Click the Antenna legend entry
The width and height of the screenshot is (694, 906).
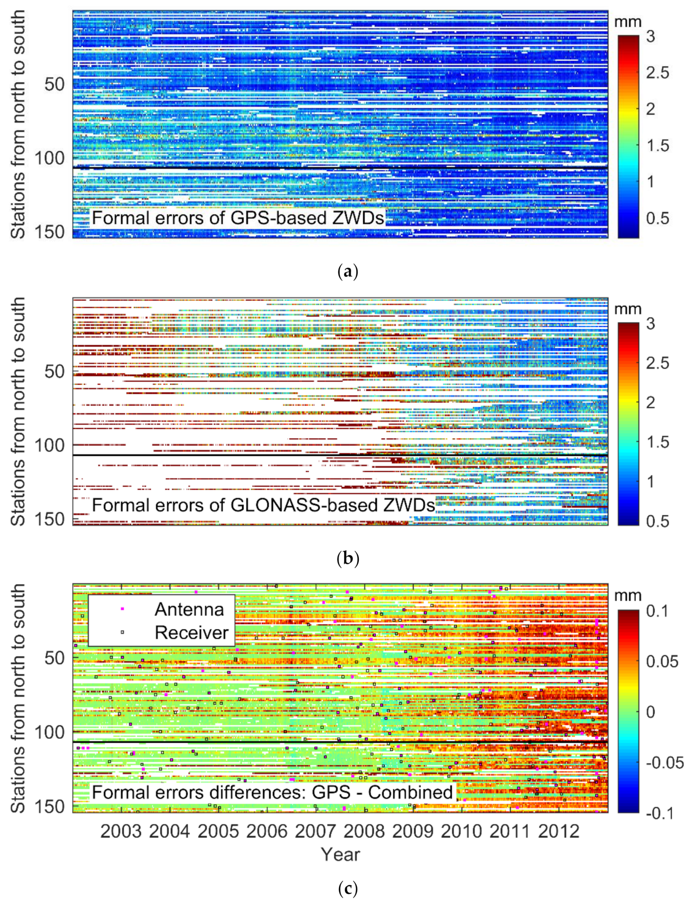click(189, 609)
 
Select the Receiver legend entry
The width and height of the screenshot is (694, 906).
click(191, 632)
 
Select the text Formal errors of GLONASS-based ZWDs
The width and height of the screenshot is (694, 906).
click(263, 505)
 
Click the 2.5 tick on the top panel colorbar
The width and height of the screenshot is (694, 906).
click(657, 73)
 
